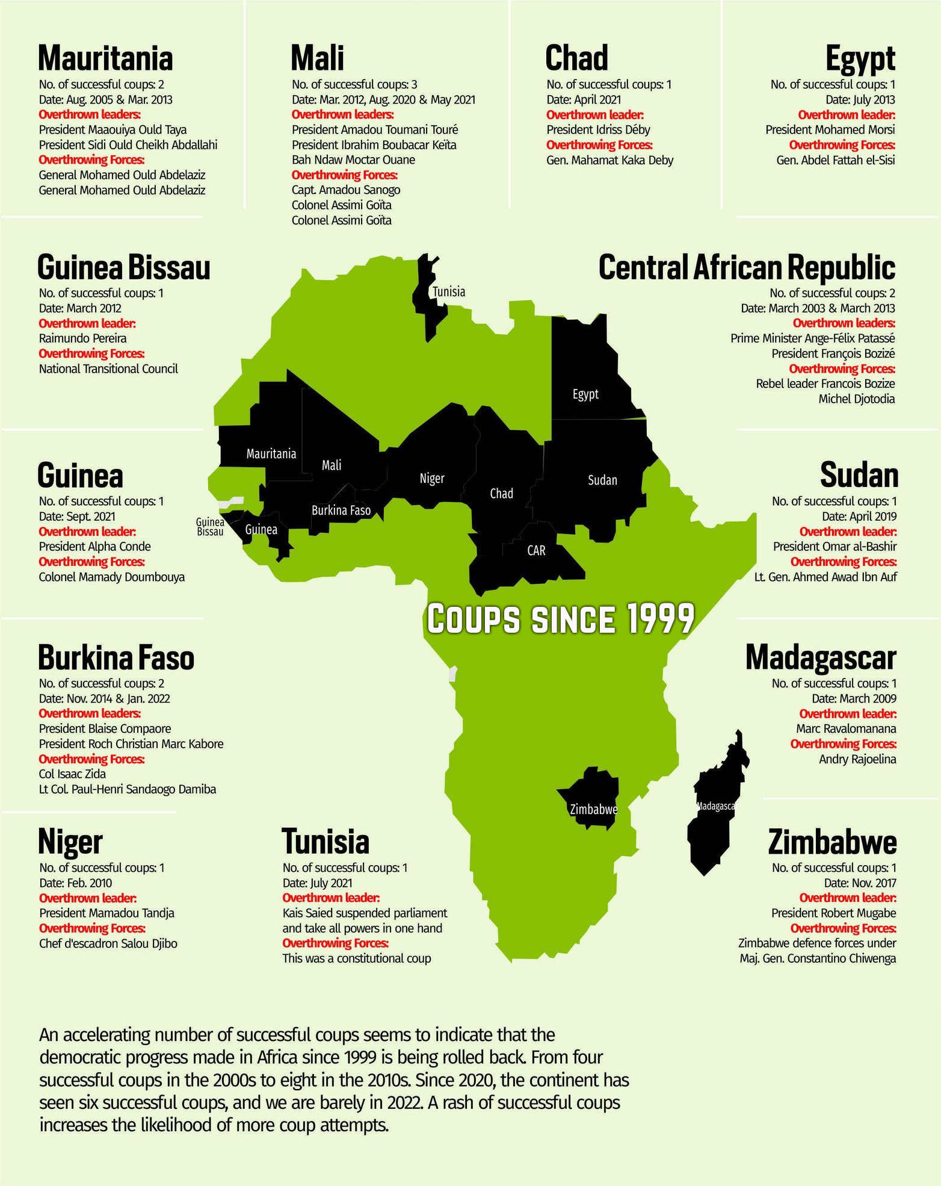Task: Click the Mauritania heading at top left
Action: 105,58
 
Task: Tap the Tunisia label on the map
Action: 449,292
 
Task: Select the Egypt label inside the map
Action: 585,394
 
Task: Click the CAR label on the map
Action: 536,550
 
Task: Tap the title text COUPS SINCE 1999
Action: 560,619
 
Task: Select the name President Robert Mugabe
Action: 833,913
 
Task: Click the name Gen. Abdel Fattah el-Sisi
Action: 835,160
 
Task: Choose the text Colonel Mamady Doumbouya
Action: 112,577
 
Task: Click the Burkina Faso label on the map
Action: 341,511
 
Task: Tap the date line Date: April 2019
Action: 859,517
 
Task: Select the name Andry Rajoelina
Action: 857,759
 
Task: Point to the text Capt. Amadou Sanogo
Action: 346,190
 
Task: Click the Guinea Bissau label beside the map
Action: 210,527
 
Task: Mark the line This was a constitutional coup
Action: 357,958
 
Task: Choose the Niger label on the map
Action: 432,479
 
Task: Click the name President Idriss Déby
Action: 598,130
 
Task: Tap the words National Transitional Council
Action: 108,369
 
